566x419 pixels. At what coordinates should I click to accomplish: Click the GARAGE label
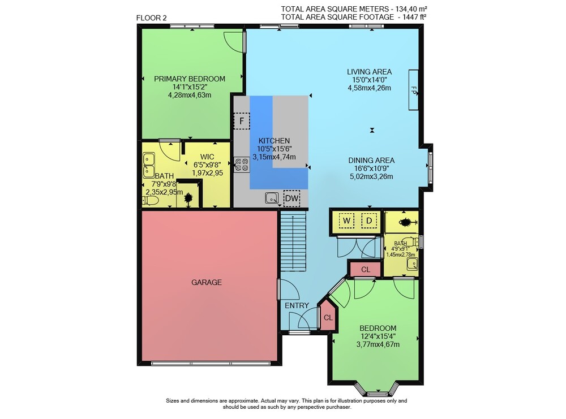207,282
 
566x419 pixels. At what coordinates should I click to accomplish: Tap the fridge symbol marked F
242,121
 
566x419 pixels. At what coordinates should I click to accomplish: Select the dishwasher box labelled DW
291,198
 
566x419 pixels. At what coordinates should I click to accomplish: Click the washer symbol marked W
346,221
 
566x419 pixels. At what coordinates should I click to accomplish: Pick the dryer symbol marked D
369,221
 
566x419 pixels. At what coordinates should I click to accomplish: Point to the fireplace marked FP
413,90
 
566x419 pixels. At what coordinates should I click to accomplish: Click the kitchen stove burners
242,165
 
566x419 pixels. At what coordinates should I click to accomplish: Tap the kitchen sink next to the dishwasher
272,198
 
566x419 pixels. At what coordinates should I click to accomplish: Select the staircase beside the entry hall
293,240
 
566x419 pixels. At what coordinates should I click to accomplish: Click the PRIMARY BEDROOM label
190,79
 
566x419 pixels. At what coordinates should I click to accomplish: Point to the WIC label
207,157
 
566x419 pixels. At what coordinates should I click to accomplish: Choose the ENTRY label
297,306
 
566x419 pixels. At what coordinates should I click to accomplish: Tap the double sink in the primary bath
149,165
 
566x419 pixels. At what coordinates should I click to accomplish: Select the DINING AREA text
371,161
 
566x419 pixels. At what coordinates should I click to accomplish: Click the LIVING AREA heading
369,72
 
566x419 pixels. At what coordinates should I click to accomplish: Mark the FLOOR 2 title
152,18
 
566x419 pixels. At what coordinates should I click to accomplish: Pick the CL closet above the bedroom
365,269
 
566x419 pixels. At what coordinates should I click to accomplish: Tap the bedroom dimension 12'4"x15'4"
378,336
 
